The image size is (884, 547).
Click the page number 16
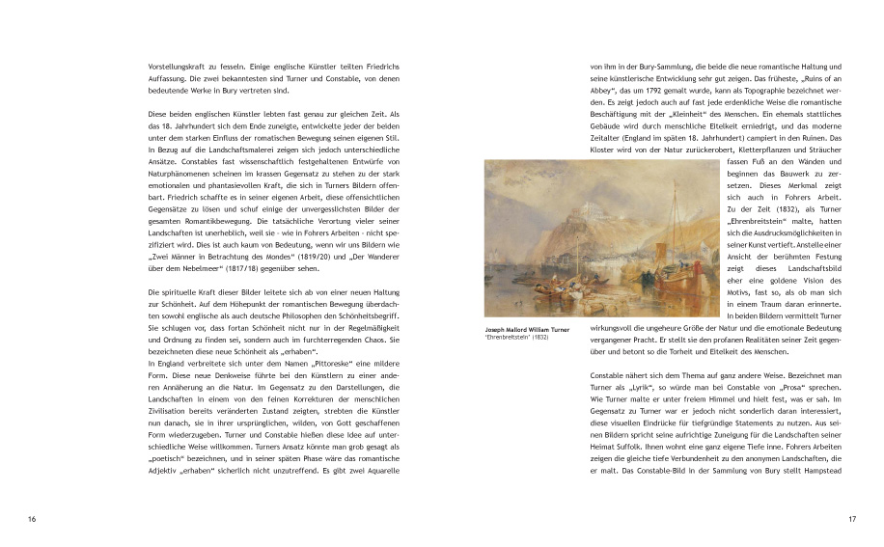pos(33,520)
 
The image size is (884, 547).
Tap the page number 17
pos(851,520)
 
